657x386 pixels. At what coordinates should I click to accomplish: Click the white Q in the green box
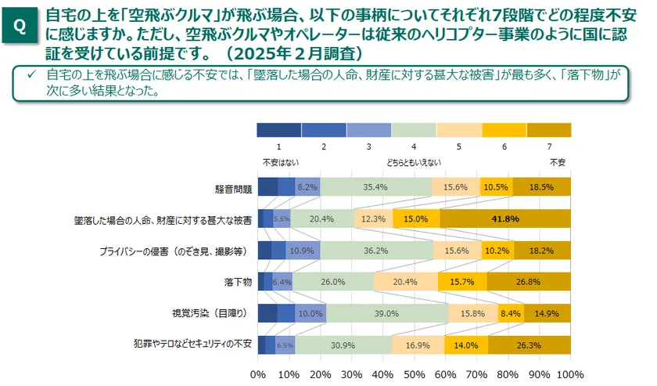(20, 27)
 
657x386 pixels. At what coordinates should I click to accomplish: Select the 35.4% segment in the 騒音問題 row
(375, 187)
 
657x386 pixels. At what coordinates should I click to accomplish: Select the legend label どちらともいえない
(413, 162)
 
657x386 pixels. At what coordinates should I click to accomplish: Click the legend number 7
(549, 146)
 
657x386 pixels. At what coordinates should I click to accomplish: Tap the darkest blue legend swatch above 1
(278, 130)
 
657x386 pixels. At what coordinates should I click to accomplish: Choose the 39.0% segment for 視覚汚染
(387, 312)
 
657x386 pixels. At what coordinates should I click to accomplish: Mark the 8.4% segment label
(511, 312)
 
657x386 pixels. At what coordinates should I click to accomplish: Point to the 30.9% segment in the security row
(343, 344)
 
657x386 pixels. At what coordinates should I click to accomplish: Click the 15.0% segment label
(415, 218)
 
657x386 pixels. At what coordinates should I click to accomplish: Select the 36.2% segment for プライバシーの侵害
(375, 250)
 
